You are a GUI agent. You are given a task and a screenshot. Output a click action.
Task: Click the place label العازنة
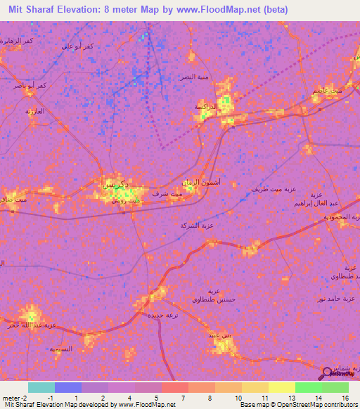click(35, 111)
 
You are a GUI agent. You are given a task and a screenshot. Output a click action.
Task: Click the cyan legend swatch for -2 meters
click(41, 387)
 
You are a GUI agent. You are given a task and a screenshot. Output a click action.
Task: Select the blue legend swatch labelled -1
click(68, 387)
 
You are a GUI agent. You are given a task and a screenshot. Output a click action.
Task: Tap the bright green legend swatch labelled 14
click(309, 387)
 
